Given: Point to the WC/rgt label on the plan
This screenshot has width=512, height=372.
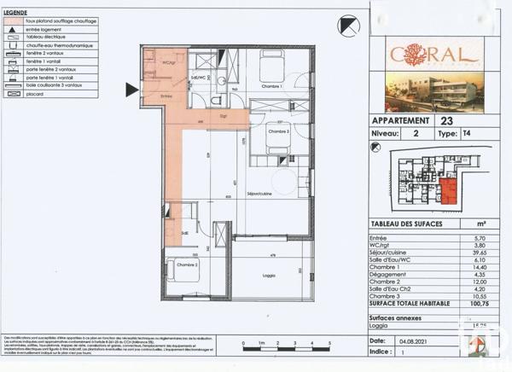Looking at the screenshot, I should tap(169, 62).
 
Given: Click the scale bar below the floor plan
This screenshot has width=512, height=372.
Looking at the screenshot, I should tap(286, 345).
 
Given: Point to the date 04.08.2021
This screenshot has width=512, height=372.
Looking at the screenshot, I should tap(416, 340).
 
